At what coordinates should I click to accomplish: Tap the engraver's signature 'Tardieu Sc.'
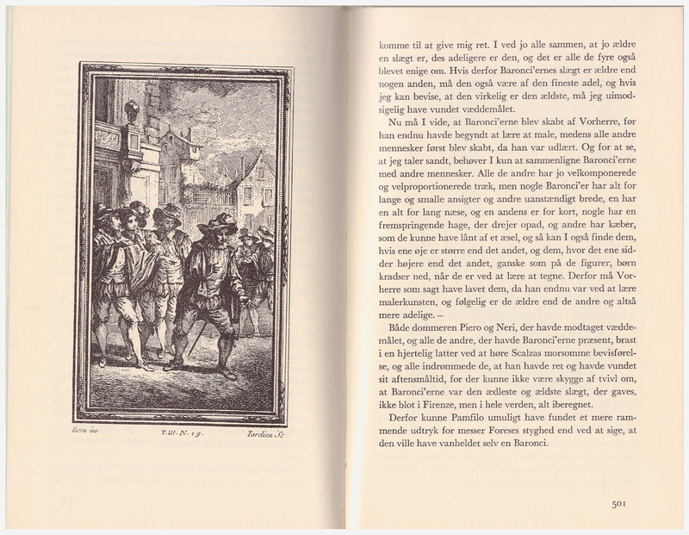(266, 436)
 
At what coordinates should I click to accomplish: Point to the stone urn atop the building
(131, 111)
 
